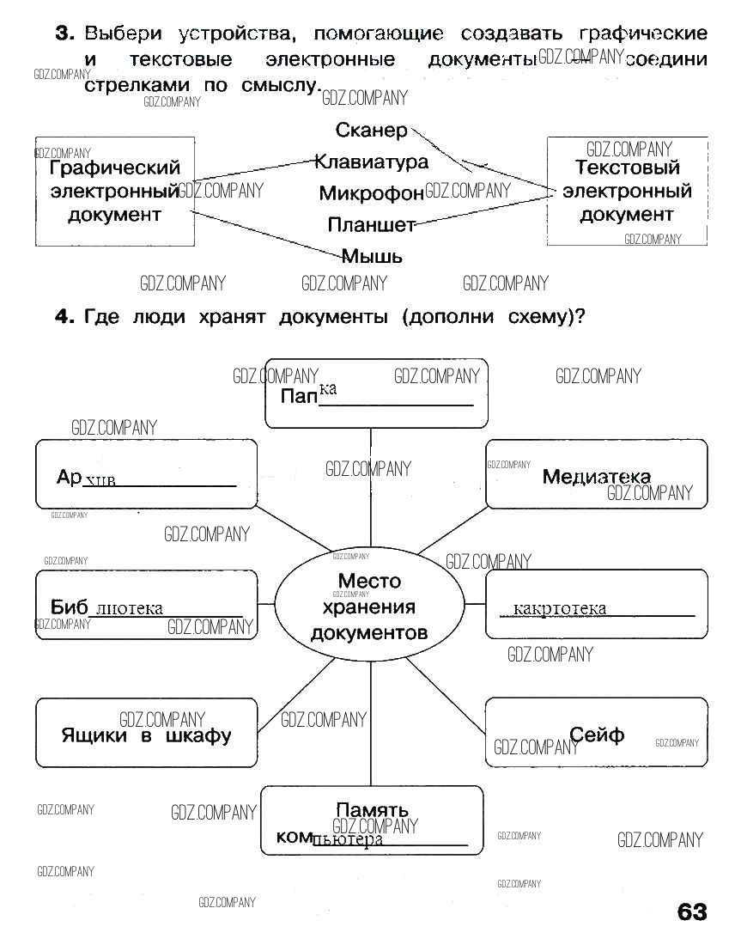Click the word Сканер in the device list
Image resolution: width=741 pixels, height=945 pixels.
pos(372,131)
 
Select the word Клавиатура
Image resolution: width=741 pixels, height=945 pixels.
pos(372,162)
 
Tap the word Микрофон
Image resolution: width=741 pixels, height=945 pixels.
pos(372,193)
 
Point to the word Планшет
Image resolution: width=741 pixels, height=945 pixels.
pos(371,225)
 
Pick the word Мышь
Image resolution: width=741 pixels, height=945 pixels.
pos(372,256)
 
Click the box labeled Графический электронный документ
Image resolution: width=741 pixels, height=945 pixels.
pos(115,191)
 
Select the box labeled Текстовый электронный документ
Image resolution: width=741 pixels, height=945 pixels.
pos(627,191)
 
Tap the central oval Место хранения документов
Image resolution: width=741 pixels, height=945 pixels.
pos(369,607)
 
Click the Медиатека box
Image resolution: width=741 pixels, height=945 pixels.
pos(597,475)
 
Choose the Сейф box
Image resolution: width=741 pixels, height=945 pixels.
pos(597,733)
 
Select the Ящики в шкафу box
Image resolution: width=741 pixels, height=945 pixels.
pos(146,733)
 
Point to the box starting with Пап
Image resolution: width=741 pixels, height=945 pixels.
pos(376,393)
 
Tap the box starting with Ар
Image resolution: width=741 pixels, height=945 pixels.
pos(146,474)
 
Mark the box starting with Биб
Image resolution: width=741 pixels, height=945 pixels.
pos(146,605)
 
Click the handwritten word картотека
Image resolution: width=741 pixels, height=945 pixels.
pos(559,609)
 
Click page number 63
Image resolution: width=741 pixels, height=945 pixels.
pos(692,912)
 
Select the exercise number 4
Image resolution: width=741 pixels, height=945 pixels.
pos(63,317)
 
